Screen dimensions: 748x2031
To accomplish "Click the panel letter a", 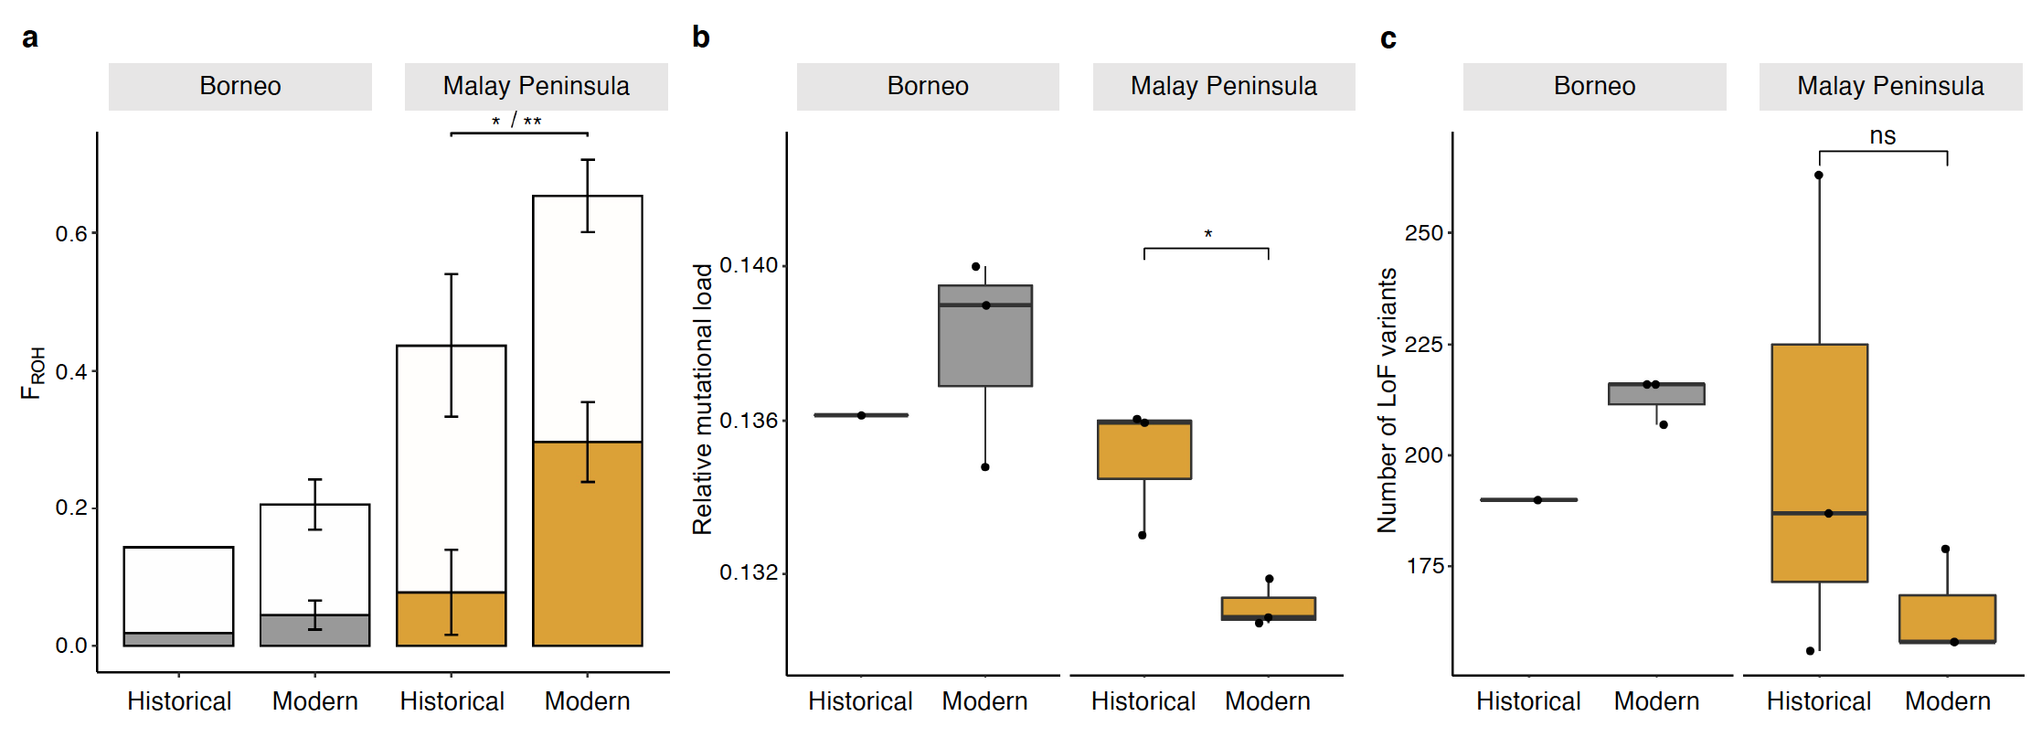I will click(x=30, y=38).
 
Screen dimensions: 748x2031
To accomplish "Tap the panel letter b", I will click(x=700, y=37).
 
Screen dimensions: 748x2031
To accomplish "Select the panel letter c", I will click(x=1388, y=38).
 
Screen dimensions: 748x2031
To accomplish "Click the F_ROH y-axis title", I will click(x=32, y=373).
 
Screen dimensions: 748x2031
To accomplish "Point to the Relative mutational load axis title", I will click(x=702, y=399).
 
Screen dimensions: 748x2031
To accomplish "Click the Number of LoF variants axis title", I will click(x=1388, y=401).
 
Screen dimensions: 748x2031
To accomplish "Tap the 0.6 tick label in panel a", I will click(x=71, y=234).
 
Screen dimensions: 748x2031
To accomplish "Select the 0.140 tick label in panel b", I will click(x=749, y=265).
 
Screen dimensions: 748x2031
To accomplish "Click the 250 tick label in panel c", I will click(x=1424, y=233).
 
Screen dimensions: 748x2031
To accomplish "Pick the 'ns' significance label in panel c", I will click(x=1882, y=136).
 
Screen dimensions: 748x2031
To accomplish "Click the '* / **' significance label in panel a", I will click(x=516, y=121).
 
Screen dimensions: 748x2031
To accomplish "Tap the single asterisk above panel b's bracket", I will click(x=1207, y=235).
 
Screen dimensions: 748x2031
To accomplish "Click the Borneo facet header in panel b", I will click(x=928, y=87).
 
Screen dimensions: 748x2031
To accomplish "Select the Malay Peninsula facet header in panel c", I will click(x=1890, y=87).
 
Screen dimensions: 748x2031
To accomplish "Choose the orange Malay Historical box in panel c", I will click(x=1819, y=430).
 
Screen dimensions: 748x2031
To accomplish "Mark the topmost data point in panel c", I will click(x=1819, y=176).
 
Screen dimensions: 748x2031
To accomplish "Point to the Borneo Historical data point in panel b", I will click(x=861, y=415).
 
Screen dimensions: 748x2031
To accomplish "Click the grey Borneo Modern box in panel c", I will click(x=1656, y=394).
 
